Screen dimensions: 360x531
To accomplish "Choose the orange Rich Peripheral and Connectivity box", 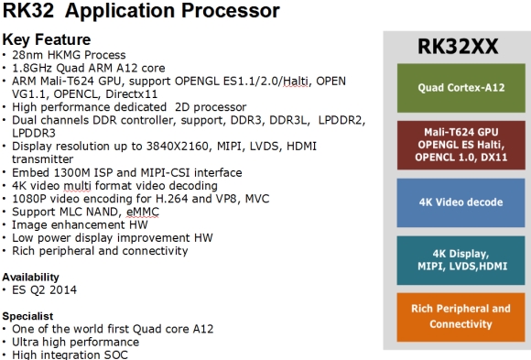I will tap(454, 317).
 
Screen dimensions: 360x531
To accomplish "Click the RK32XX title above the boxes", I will tap(454, 46).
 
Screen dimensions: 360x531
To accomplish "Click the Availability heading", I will tap(31, 277).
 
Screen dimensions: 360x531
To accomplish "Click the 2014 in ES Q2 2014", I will tap(62, 290).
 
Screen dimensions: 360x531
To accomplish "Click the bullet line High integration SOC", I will tap(70, 354).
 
